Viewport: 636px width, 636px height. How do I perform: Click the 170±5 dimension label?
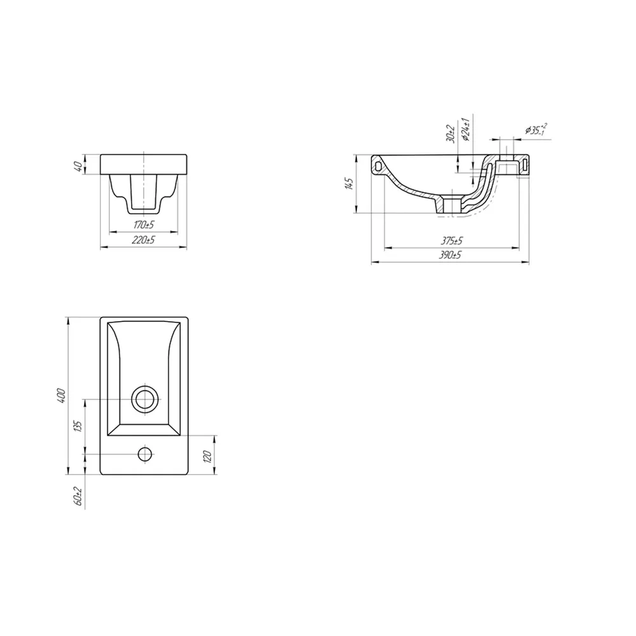click(144, 225)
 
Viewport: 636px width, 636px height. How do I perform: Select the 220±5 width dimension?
click(144, 240)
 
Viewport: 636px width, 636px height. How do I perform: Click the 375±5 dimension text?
click(452, 241)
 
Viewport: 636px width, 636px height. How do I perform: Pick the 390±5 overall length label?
click(450, 255)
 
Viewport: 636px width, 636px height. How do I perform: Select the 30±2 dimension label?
click(450, 133)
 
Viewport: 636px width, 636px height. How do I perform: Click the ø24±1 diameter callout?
click(466, 129)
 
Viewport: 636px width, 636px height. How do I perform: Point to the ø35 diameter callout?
click(536, 129)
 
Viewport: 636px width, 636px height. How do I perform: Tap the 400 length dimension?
click(61, 396)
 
